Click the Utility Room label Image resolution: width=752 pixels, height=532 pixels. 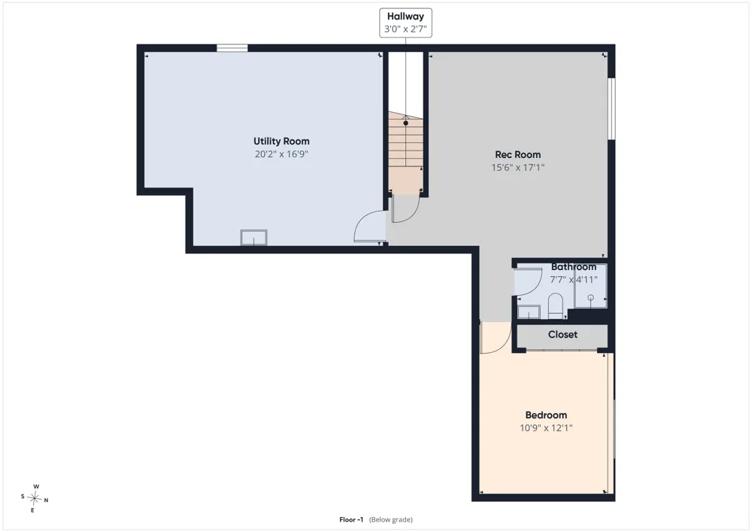281,141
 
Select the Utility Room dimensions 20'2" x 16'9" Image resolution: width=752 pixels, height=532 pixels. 281,154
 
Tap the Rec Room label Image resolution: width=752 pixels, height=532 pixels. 518,154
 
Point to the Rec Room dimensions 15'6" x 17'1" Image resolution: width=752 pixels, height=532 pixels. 518,167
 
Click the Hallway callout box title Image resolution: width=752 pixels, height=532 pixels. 406,17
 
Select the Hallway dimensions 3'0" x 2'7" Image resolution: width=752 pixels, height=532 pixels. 406,29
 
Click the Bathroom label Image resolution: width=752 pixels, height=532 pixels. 574,266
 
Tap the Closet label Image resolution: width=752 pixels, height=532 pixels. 562,334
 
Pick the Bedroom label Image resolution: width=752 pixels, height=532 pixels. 546,415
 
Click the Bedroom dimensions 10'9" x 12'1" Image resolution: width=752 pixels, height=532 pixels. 546,428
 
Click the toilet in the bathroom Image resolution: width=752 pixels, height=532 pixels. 556,306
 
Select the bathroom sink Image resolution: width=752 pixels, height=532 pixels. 529,312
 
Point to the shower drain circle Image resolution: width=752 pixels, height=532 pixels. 591,298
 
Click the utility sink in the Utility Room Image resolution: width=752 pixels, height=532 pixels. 253,238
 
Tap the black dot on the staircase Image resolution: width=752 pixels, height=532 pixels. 406,123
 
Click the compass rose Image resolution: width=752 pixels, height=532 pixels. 34,499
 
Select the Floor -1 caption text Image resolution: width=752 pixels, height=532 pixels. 376,519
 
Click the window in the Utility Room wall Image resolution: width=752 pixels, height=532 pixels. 232,48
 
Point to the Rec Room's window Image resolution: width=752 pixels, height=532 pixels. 611,109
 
